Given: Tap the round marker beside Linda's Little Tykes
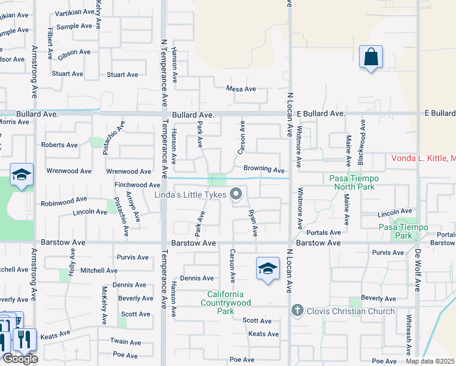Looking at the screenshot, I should [x=236, y=195].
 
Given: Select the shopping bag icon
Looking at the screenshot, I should [x=370, y=57].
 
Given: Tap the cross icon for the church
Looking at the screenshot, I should [x=297, y=310].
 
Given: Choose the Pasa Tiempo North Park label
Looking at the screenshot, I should [x=354, y=182].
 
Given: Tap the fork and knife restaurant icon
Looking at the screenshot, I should [x=25, y=339].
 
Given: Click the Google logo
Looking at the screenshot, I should [x=20, y=359].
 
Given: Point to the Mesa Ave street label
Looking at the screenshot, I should [x=241, y=89].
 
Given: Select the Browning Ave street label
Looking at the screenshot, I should [x=264, y=169].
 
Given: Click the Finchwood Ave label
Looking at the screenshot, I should [x=137, y=185].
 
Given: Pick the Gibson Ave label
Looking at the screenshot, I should [x=75, y=52].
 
